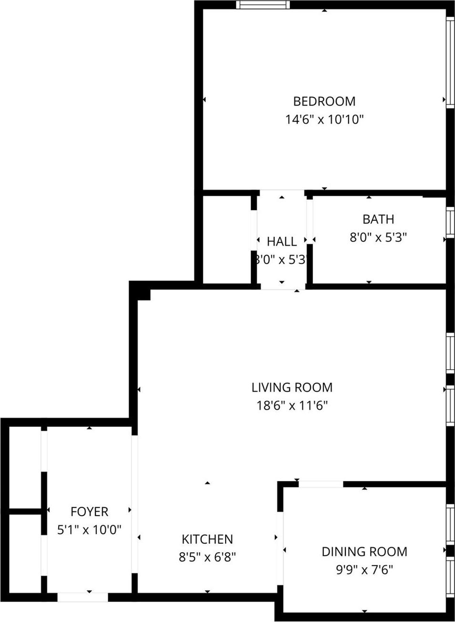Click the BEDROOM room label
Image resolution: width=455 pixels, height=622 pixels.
(324, 101)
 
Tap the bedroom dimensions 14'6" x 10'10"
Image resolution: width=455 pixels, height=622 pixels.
(324, 119)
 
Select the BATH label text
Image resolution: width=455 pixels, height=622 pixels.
(378, 219)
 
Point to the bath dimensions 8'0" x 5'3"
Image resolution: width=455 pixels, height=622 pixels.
(378, 237)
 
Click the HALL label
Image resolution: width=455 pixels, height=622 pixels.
(282, 241)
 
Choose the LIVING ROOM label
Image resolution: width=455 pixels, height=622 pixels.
(292, 387)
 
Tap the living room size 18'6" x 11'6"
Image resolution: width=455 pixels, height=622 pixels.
(292, 406)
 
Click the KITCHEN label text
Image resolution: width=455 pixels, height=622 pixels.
(207, 539)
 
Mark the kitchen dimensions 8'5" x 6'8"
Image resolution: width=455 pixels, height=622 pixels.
(207, 557)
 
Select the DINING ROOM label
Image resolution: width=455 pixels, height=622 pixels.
(364, 552)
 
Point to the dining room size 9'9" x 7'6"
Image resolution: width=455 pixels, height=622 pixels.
(364, 570)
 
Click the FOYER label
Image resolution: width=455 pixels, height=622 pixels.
(90, 512)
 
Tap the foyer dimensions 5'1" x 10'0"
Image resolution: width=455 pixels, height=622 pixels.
(90, 529)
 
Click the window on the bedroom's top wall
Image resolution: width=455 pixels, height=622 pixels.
(263, 5)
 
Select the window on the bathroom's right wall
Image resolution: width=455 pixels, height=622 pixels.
(450, 222)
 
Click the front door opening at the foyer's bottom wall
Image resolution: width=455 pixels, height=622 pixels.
(83, 597)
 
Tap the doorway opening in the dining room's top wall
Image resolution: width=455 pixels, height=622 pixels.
(321, 484)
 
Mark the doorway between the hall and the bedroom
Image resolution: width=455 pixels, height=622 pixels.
(282, 193)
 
